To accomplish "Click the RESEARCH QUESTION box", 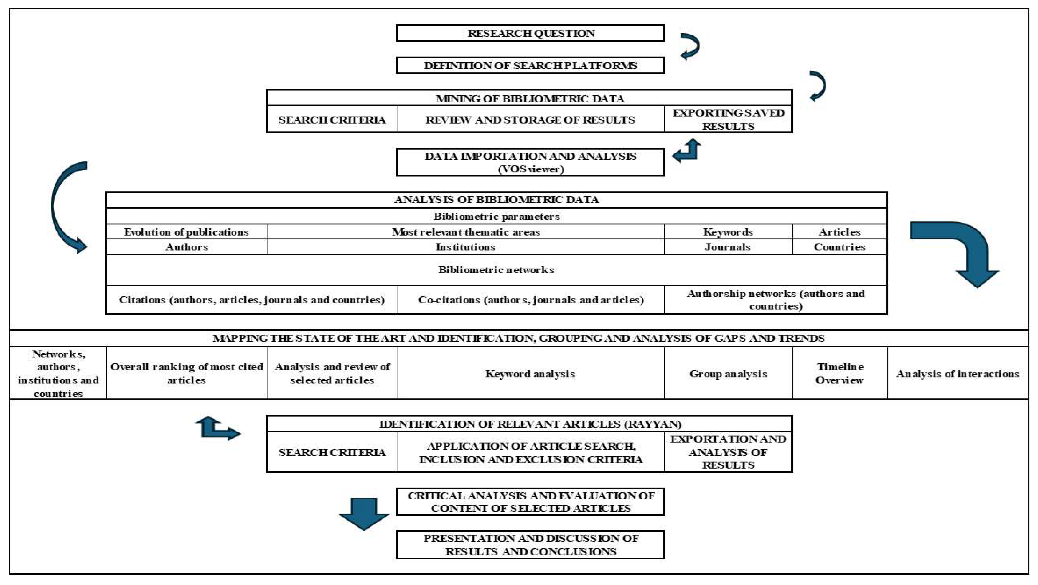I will click(530, 33).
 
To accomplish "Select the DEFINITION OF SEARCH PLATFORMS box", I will click(530, 65).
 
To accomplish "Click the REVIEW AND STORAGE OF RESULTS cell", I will click(530, 120).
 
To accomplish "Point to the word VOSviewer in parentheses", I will click(531, 169).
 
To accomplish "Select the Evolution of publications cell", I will click(186, 232).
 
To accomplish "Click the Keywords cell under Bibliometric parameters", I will click(728, 232).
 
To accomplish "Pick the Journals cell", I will click(728, 247).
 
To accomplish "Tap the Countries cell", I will click(839, 247).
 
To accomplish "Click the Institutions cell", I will click(465, 247).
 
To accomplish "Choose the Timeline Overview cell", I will click(840, 373).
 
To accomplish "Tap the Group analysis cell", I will click(728, 374).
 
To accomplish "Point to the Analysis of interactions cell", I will click(958, 374).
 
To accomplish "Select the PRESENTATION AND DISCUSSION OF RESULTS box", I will click(530, 545).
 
